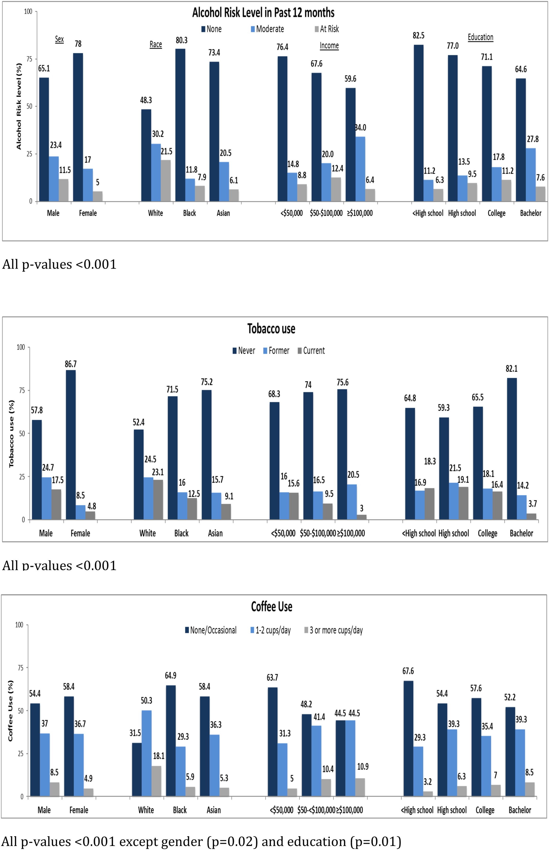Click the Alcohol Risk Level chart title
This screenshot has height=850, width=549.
coord(263,13)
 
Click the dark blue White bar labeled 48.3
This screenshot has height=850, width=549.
coord(146,155)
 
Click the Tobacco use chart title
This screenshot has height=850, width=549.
coord(271,329)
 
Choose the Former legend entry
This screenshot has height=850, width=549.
coord(276,351)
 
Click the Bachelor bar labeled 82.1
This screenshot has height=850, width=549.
coord(511,449)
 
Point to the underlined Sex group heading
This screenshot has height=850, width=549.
coord(59,39)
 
